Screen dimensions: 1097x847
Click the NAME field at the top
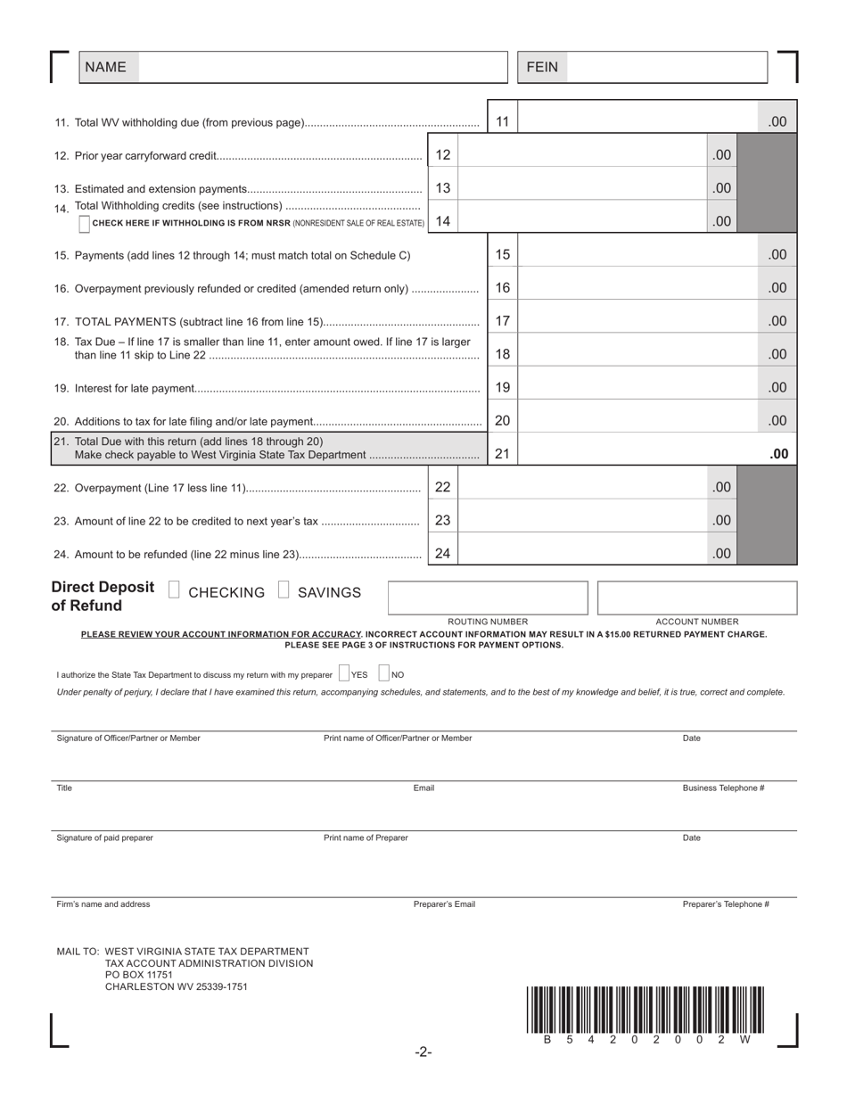click(321, 67)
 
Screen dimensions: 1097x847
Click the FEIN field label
click(542, 67)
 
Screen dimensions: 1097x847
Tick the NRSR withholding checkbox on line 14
click(84, 224)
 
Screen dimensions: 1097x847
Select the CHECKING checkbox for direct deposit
click(174, 590)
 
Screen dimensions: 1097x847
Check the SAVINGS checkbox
click(284, 590)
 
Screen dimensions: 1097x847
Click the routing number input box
click(488, 598)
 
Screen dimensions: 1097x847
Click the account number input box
click(696, 598)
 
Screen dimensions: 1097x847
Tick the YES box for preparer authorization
click(344, 674)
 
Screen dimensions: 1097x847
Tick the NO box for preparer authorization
click(383, 674)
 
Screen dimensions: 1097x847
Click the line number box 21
click(502, 453)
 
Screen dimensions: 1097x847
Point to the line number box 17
click(502, 320)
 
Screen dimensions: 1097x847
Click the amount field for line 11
click(637, 121)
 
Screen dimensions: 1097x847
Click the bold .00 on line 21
click(778, 454)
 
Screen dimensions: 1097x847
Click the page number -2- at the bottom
click(423, 1052)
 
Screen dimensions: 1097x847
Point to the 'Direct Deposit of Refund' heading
click(103, 597)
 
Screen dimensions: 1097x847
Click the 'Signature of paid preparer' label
click(104, 837)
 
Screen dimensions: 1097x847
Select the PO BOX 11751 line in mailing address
click(139, 975)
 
